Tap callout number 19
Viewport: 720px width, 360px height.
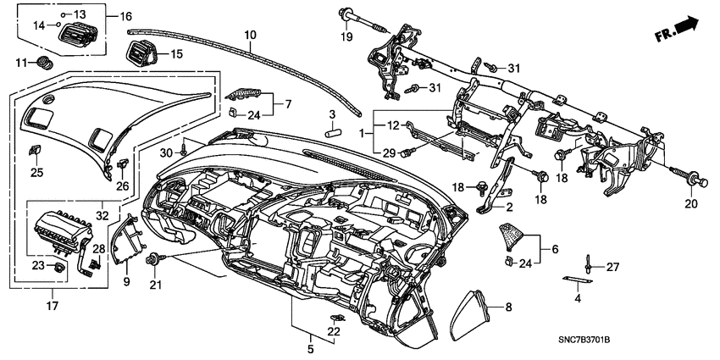click(346, 38)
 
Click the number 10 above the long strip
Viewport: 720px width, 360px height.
click(250, 36)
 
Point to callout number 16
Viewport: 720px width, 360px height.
click(125, 16)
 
